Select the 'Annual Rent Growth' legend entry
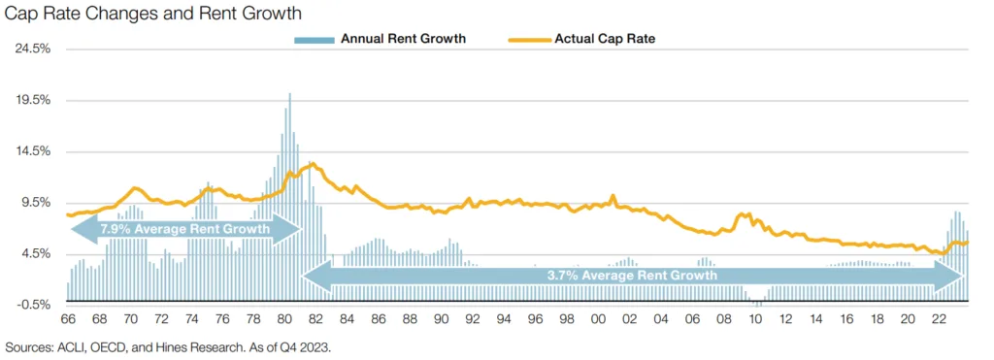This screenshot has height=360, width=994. pos(403,39)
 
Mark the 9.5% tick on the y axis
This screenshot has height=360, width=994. pos(33,203)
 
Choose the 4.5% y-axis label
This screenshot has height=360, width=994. pos(33,254)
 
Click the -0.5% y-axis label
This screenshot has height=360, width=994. pos(32,306)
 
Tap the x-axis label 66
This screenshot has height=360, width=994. pos(68,319)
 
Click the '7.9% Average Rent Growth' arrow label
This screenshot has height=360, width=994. pos(184,229)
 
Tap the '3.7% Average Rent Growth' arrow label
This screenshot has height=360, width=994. pos(632,276)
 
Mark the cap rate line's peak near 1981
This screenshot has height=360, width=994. pos(312,164)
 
